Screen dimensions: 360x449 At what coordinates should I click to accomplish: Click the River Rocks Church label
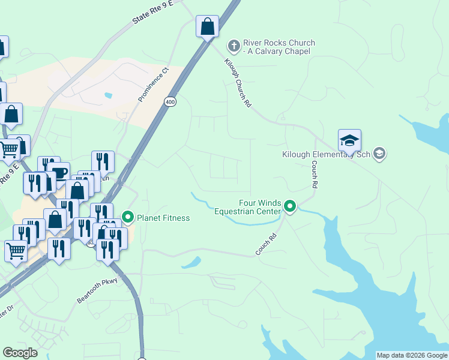click(x=279, y=47)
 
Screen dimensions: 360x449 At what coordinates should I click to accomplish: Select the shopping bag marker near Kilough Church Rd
click(x=207, y=26)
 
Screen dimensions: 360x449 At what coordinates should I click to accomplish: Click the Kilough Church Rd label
click(x=238, y=83)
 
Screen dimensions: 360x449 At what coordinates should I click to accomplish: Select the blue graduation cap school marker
click(x=349, y=141)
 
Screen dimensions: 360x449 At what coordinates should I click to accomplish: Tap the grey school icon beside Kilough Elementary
click(x=379, y=154)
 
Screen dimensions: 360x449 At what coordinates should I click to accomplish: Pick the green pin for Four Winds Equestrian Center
click(x=290, y=207)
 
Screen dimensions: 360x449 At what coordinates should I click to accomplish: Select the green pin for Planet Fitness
click(x=128, y=217)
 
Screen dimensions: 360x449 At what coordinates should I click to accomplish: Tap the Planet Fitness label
click(x=163, y=218)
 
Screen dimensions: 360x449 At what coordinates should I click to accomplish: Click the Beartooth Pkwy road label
click(x=100, y=290)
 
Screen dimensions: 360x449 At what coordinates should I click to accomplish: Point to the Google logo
click(x=20, y=353)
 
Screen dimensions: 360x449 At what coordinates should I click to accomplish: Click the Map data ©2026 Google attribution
click(x=411, y=355)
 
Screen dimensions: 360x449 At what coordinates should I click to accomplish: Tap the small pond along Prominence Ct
click(x=108, y=95)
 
